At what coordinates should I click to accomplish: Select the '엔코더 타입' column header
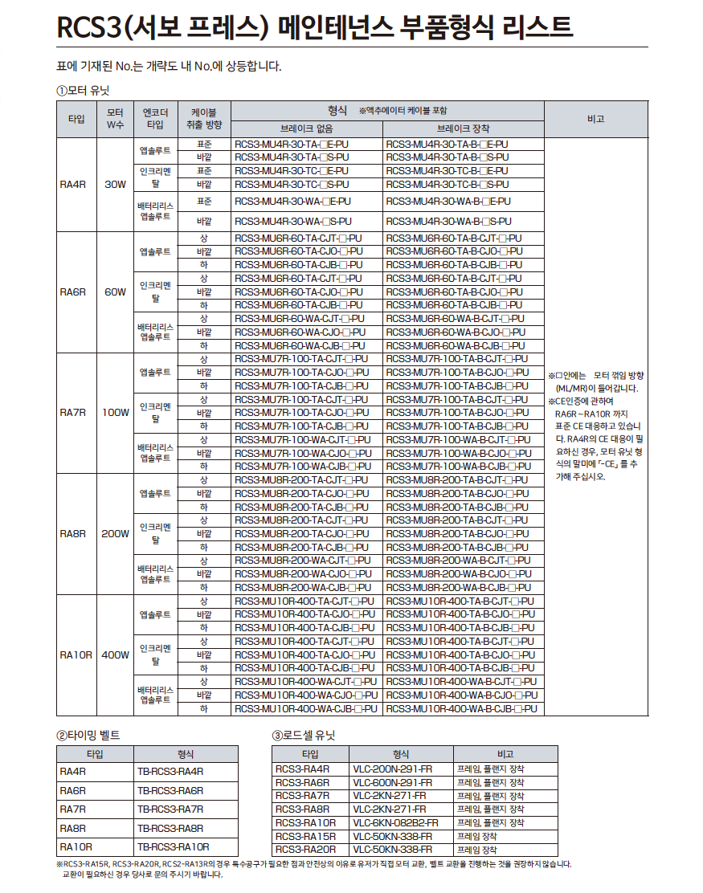pyautogui.click(x=154, y=119)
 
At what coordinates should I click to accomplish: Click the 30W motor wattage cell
pyautogui.click(x=115, y=185)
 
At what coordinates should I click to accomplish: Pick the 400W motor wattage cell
pyautogui.click(x=115, y=655)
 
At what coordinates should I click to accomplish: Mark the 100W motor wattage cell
pyautogui.click(x=115, y=413)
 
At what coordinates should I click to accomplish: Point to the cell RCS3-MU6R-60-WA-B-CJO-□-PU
pyautogui.click(x=456, y=332)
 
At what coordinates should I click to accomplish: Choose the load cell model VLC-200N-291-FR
pyautogui.click(x=392, y=769)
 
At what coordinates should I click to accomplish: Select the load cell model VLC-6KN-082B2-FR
pyautogui.click(x=395, y=823)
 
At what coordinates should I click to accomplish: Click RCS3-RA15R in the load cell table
pyautogui.click(x=305, y=836)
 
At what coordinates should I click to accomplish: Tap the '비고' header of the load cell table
pyautogui.click(x=505, y=754)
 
